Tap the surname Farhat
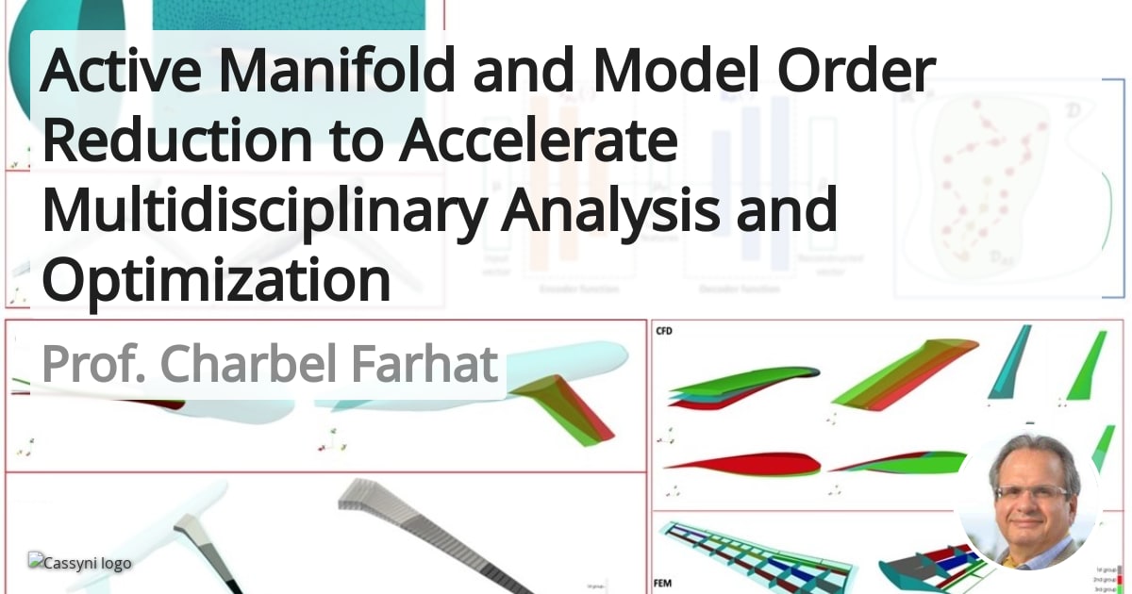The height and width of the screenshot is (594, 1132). (x=424, y=364)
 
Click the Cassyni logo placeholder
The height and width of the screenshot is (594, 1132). (x=80, y=563)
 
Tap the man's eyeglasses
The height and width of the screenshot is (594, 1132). (x=1031, y=491)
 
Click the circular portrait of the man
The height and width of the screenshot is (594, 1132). (x=1031, y=502)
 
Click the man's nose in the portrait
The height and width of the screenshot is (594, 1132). (x=1032, y=503)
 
